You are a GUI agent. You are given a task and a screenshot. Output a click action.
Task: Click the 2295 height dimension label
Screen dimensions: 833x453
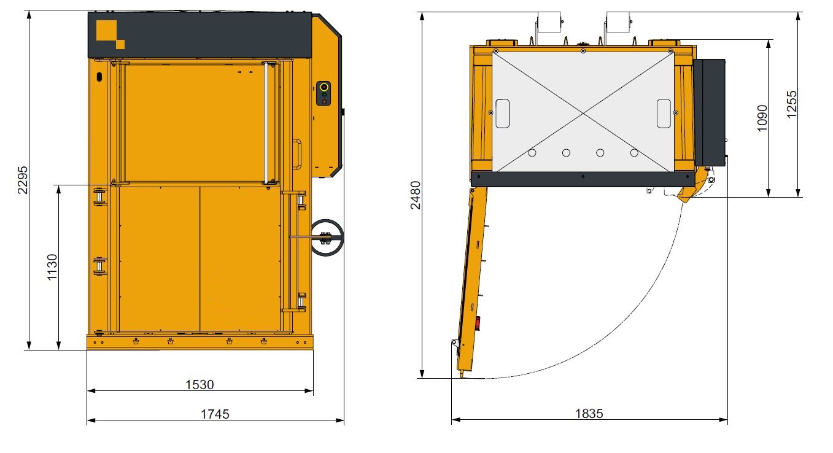23,180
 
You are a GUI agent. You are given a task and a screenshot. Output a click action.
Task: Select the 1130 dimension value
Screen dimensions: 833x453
52,267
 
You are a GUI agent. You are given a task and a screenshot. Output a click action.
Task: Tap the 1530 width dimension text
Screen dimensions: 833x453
200,385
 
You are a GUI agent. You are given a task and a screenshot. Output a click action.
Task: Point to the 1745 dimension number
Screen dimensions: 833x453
215,414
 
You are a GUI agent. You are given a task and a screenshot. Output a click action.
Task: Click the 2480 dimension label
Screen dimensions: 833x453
416,195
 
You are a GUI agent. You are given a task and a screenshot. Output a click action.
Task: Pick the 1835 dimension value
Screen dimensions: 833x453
589,414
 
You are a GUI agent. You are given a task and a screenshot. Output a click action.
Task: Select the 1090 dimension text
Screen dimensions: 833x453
762,118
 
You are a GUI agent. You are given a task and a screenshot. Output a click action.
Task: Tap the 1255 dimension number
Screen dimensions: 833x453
792,104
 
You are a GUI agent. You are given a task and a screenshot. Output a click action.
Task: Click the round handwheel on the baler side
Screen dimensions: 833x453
327,238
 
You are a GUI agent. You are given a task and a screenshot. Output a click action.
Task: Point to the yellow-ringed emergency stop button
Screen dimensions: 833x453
324,87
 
